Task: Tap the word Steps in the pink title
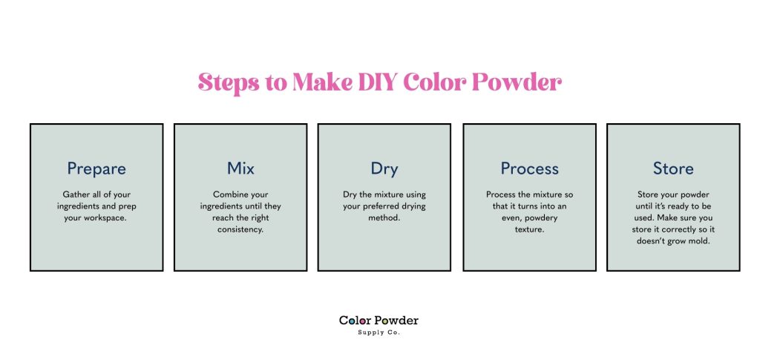click(228, 82)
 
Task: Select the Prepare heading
click(96, 168)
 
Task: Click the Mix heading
click(240, 168)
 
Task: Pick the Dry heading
click(384, 168)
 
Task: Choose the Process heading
click(529, 168)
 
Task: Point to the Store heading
click(673, 168)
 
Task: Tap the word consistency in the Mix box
click(240, 229)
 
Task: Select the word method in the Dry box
click(384, 217)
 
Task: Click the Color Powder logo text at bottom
click(379, 321)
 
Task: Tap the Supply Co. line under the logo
click(379, 333)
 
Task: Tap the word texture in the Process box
click(529, 229)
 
